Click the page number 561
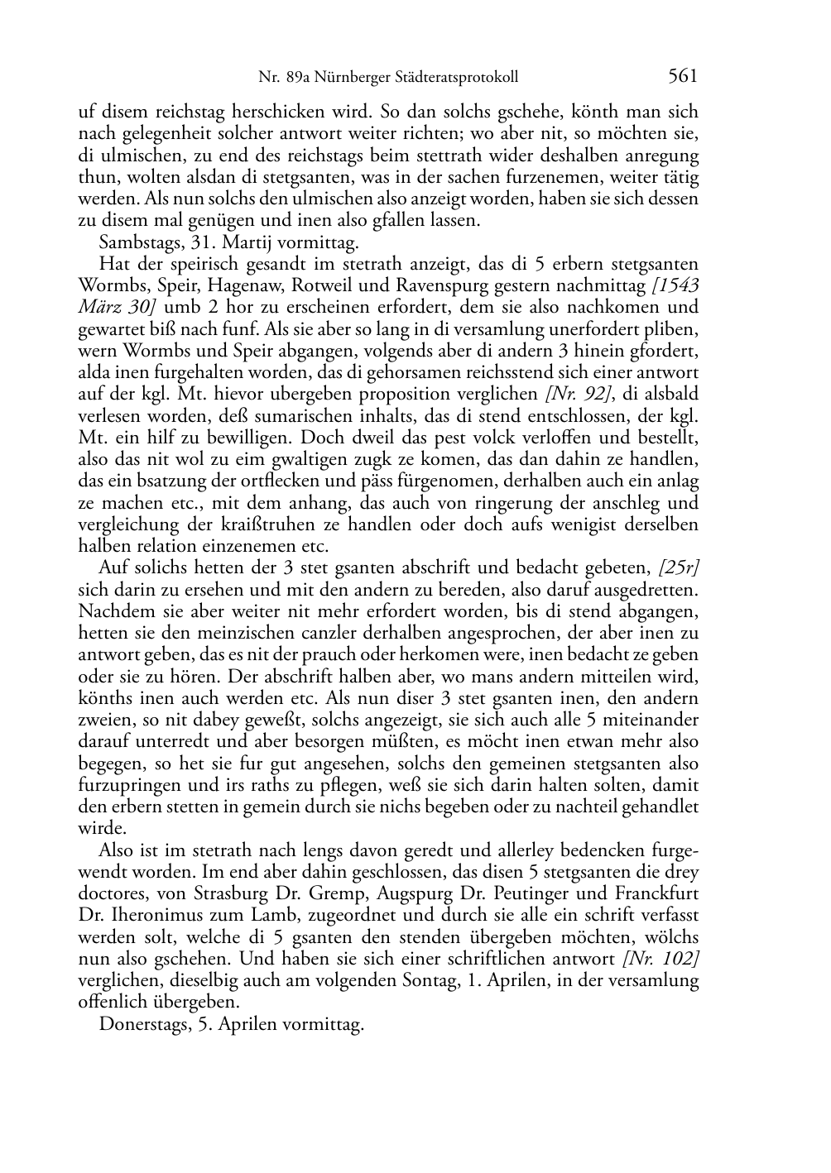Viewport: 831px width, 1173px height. [x=683, y=76]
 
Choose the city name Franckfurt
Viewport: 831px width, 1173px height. [x=656, y=894]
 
